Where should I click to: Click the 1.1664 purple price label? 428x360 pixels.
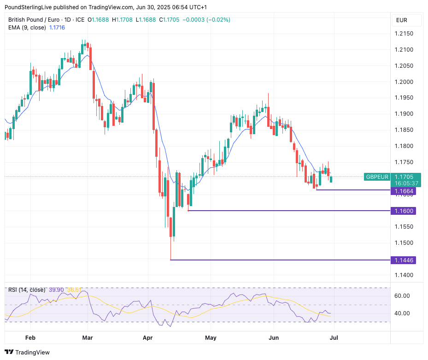[404, 191]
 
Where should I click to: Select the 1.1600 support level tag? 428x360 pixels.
[404, 211]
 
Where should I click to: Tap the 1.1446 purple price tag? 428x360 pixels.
[404, 260]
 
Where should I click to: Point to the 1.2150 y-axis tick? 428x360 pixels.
[404, 34]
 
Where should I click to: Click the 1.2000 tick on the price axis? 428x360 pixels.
[404, 82]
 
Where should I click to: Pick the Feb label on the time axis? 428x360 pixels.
[30, 338]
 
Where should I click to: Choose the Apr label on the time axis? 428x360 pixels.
[148, 338]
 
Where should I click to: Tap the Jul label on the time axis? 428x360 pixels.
[334, 338]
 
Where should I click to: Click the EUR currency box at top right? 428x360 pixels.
[402, 20]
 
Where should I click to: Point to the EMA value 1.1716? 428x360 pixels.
[57, 28]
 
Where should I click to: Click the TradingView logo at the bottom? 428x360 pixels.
[27, 352]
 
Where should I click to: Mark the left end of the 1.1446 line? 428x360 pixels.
[171, 260]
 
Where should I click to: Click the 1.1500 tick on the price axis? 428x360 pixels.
[404, 243]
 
